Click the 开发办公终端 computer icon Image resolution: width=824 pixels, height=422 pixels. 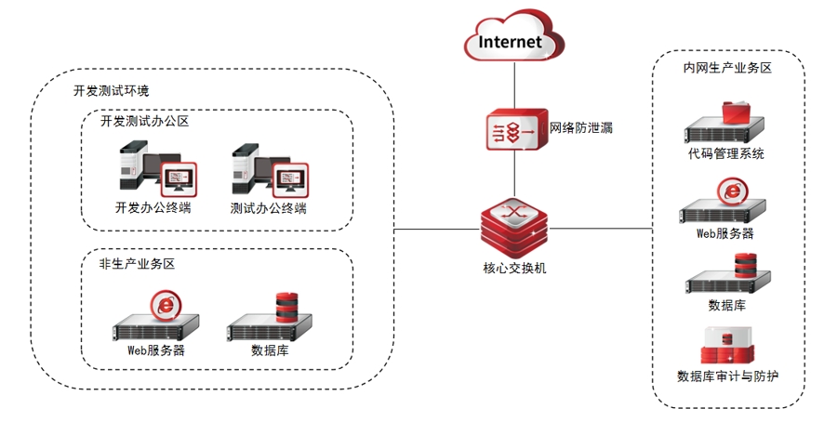[157, 168]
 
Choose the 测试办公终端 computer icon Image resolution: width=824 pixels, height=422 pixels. [271, 168]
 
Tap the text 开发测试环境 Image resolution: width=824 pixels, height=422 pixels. [111, 91]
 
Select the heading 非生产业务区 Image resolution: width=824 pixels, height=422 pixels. [137, 263]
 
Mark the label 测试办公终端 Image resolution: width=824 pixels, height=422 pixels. [268, 208]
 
